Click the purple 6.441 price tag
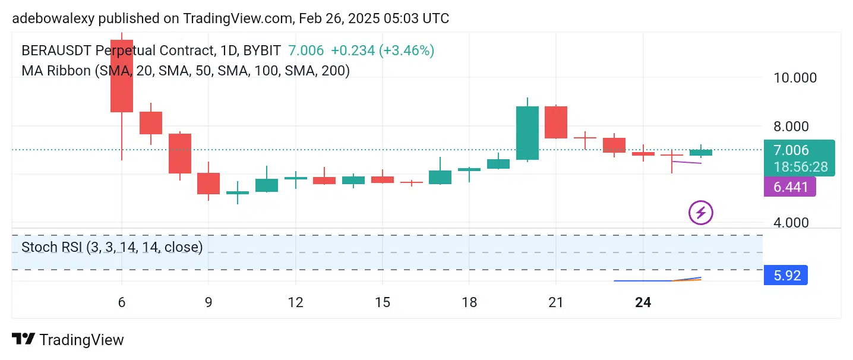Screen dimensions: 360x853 coord(789,187)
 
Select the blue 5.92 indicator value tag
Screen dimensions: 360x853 coord(785,276)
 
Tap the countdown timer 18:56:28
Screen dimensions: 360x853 coord(800,167)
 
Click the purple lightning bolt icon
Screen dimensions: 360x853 coord(701,212)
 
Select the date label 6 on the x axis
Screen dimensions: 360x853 coord(122,302)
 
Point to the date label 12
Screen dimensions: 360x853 coord(295,302)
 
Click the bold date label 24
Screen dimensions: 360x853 coord(643,302)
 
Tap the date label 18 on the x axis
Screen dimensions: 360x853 coord(469,302)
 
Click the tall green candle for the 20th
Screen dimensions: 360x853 coord(527,132)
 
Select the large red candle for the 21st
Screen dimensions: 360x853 coord(556,122)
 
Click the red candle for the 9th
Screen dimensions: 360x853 coord(208,183)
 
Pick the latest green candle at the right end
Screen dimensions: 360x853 coord(700,153)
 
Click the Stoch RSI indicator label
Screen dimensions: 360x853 coord(112,247)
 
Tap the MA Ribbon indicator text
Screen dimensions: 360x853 coord(185,71)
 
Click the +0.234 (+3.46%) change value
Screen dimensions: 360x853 coord(382,50)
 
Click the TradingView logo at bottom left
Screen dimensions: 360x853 coord(68,340)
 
